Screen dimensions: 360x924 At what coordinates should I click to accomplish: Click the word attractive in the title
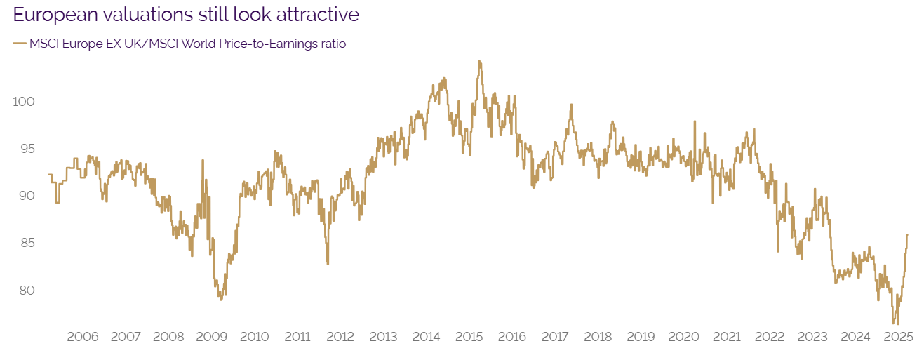[313, 14]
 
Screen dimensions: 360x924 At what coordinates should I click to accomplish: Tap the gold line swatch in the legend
[19, 44]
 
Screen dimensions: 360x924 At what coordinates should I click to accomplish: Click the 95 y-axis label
[27, 149]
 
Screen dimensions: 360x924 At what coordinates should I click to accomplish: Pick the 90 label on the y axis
[27, 196]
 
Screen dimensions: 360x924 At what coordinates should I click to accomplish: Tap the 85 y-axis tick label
[27, 243]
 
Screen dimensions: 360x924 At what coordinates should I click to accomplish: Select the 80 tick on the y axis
[27, 290]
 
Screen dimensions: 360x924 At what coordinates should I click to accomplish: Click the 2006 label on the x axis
[82, 337]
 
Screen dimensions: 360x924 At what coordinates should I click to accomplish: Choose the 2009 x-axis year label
[211, 337]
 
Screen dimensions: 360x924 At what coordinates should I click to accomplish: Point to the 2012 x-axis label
[340, 337]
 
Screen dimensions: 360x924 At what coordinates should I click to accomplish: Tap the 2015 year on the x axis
[469, 337]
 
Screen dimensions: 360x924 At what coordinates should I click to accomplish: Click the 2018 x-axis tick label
[597, 337]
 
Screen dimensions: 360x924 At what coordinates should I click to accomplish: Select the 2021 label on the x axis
[726, 337]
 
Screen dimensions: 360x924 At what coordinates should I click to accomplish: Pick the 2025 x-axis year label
[897, 337]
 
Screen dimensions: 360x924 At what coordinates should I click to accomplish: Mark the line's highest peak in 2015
[479, 61]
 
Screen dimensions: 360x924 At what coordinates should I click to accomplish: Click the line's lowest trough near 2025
[894, 324]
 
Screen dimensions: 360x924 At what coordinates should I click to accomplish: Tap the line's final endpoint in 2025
[907, 235]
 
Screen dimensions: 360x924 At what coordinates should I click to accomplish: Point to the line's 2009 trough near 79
[220, 300]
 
